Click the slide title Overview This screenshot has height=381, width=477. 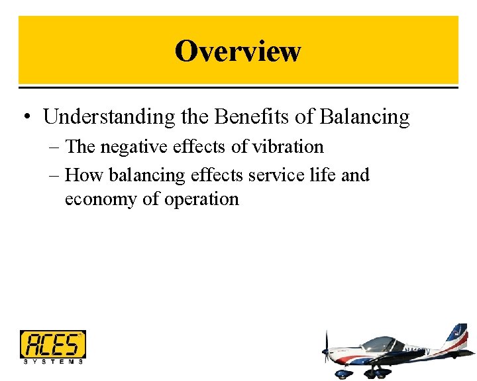click(x=238, y=51)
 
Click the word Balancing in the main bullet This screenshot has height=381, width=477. click(x=364, y=117)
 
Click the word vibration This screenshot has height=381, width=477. click(x=286, y=147)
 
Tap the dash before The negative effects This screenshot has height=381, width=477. click(x=54, y=148)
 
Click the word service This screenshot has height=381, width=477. click(x=272, y=175)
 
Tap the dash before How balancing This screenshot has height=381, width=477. click(x=54, y=176)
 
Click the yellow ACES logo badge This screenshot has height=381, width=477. click(x=52, y=344)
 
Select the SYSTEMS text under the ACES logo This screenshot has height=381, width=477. click(x=52, y=362)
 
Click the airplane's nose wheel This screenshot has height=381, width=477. click(x=343, y=374)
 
